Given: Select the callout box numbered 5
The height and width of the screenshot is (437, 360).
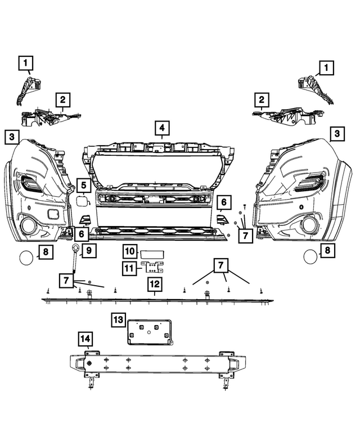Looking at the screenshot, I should [x=82, y=184].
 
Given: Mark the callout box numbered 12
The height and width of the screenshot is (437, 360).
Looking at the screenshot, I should [x=155, y=285].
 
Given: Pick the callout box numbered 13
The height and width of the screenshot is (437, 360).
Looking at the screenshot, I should [x=118, y=320].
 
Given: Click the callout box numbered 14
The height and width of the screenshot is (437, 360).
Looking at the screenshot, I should [x=85, y=339].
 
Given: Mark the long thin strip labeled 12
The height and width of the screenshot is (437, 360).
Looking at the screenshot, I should [x=157, y=299].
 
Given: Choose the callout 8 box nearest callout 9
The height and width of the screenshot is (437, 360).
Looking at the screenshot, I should [x=46, y=251].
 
